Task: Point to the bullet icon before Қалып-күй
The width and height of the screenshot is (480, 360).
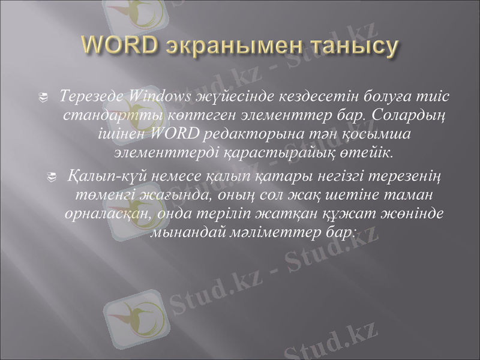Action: coord(52,177)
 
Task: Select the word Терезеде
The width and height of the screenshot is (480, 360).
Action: coord(91,96)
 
